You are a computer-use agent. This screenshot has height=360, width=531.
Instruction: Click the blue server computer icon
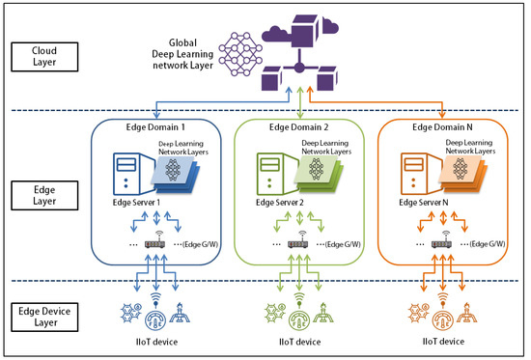pyautogui.click(x=128, y=174)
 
